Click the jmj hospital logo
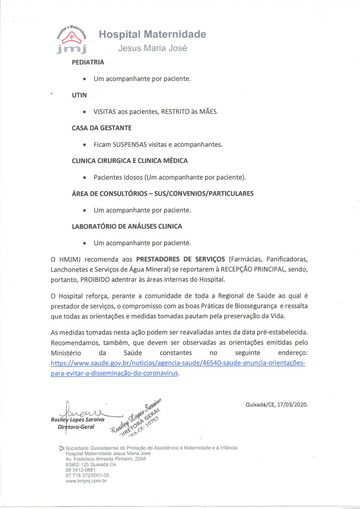click(71, 39)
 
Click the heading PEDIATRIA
click(88, 62)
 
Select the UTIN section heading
click(79, 95)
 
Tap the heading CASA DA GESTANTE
click(101, 128)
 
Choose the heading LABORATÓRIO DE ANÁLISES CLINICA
click(127, 226)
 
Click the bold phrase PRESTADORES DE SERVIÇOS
click(180, 259)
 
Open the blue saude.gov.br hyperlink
click(178, 363)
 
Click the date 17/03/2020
click(292, 405)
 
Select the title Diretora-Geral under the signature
click(76, 427)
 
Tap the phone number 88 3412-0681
click(80, 470)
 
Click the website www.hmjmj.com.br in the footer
click(86, 481)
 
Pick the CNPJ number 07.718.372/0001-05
click(87, 475)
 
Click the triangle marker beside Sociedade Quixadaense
click(62, 448)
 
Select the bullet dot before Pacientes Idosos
click(84, 177)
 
